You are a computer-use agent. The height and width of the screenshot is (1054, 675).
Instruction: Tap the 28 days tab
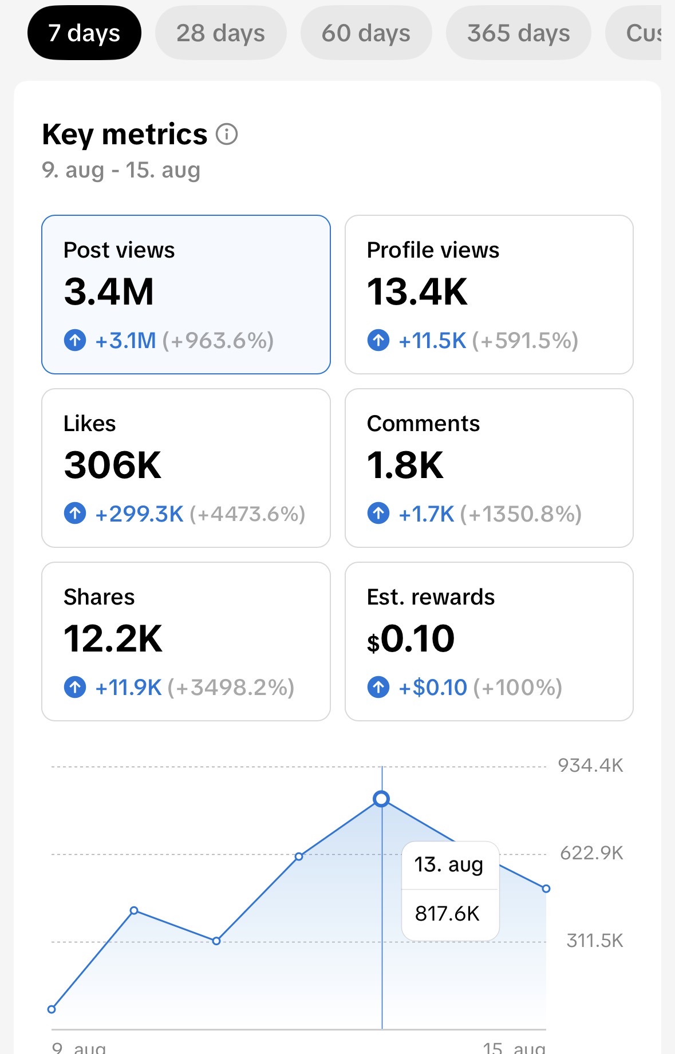[220, 33]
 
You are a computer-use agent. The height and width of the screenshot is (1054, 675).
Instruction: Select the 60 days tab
[366, 33]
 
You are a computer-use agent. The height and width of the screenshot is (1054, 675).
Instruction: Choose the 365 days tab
[518, 33]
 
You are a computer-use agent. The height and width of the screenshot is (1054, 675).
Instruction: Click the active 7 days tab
[84, 33]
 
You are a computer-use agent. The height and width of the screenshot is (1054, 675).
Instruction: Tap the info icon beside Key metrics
[227, 135]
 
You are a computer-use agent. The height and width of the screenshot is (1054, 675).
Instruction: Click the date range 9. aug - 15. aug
[121, 170]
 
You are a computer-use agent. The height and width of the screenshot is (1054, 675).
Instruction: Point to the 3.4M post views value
[109, 291]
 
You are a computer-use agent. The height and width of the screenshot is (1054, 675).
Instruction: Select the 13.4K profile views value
[417, 291]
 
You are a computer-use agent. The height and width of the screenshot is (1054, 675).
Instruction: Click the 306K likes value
[112, 465]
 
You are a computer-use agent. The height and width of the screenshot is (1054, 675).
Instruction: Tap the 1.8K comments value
[405, 465]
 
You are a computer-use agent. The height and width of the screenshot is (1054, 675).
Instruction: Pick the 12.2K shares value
[113, 638]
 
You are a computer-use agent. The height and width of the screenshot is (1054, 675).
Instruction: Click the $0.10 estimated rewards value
[410, 638]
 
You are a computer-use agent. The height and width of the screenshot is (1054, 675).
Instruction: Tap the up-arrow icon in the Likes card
[75, 514]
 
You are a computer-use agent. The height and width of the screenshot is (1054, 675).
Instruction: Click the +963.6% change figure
[218, 341]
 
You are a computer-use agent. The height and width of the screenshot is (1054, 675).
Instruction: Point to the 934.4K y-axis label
[590, 765]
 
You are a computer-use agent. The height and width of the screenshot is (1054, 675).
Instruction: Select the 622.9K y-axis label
[591, 853]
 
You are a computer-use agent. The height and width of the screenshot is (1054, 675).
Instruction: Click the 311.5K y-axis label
[595, 941]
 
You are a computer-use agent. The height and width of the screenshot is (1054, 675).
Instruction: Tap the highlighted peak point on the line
[381, 799]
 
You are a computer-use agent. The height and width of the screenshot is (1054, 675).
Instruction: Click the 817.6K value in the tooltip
[447, 914]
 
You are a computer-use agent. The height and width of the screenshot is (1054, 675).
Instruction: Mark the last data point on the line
[546, 889]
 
